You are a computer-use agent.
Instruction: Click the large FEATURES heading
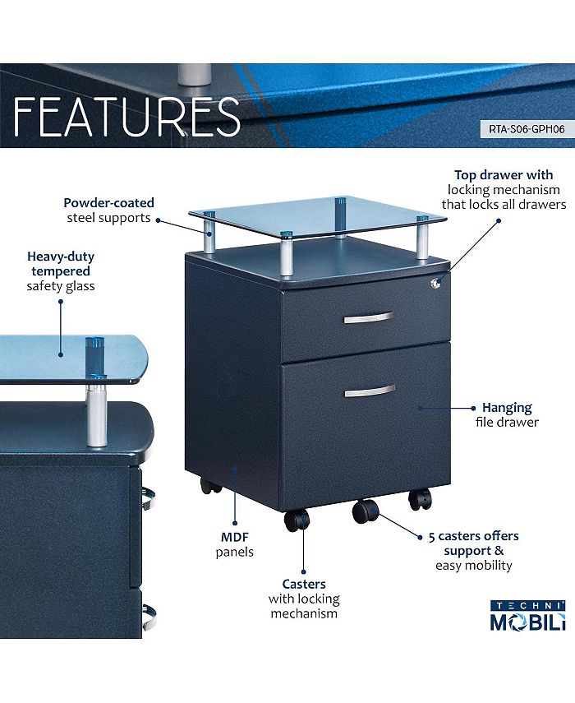click(127, 116)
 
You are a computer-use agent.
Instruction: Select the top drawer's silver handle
click(368, 317)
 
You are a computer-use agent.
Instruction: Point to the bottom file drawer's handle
click(369, 391)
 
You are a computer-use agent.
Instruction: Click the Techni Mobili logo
click(527, 615)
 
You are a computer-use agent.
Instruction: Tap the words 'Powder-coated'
click(109, 202)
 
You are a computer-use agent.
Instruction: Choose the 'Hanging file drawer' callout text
click(506, 414)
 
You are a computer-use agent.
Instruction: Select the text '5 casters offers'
click(473, 536)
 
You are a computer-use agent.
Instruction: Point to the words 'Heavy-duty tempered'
click(60, 263)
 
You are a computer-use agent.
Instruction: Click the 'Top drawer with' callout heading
click(504, 174)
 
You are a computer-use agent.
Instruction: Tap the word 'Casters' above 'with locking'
click(304, 585)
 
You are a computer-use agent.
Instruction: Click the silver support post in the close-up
click(97, 411)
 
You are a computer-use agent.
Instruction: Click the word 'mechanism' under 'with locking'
click(304, 613)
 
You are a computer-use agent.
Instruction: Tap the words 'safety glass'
click(60, 286)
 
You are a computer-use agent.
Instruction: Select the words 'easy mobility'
click(473, 565)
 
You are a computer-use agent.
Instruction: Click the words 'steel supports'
click(109, 218)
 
